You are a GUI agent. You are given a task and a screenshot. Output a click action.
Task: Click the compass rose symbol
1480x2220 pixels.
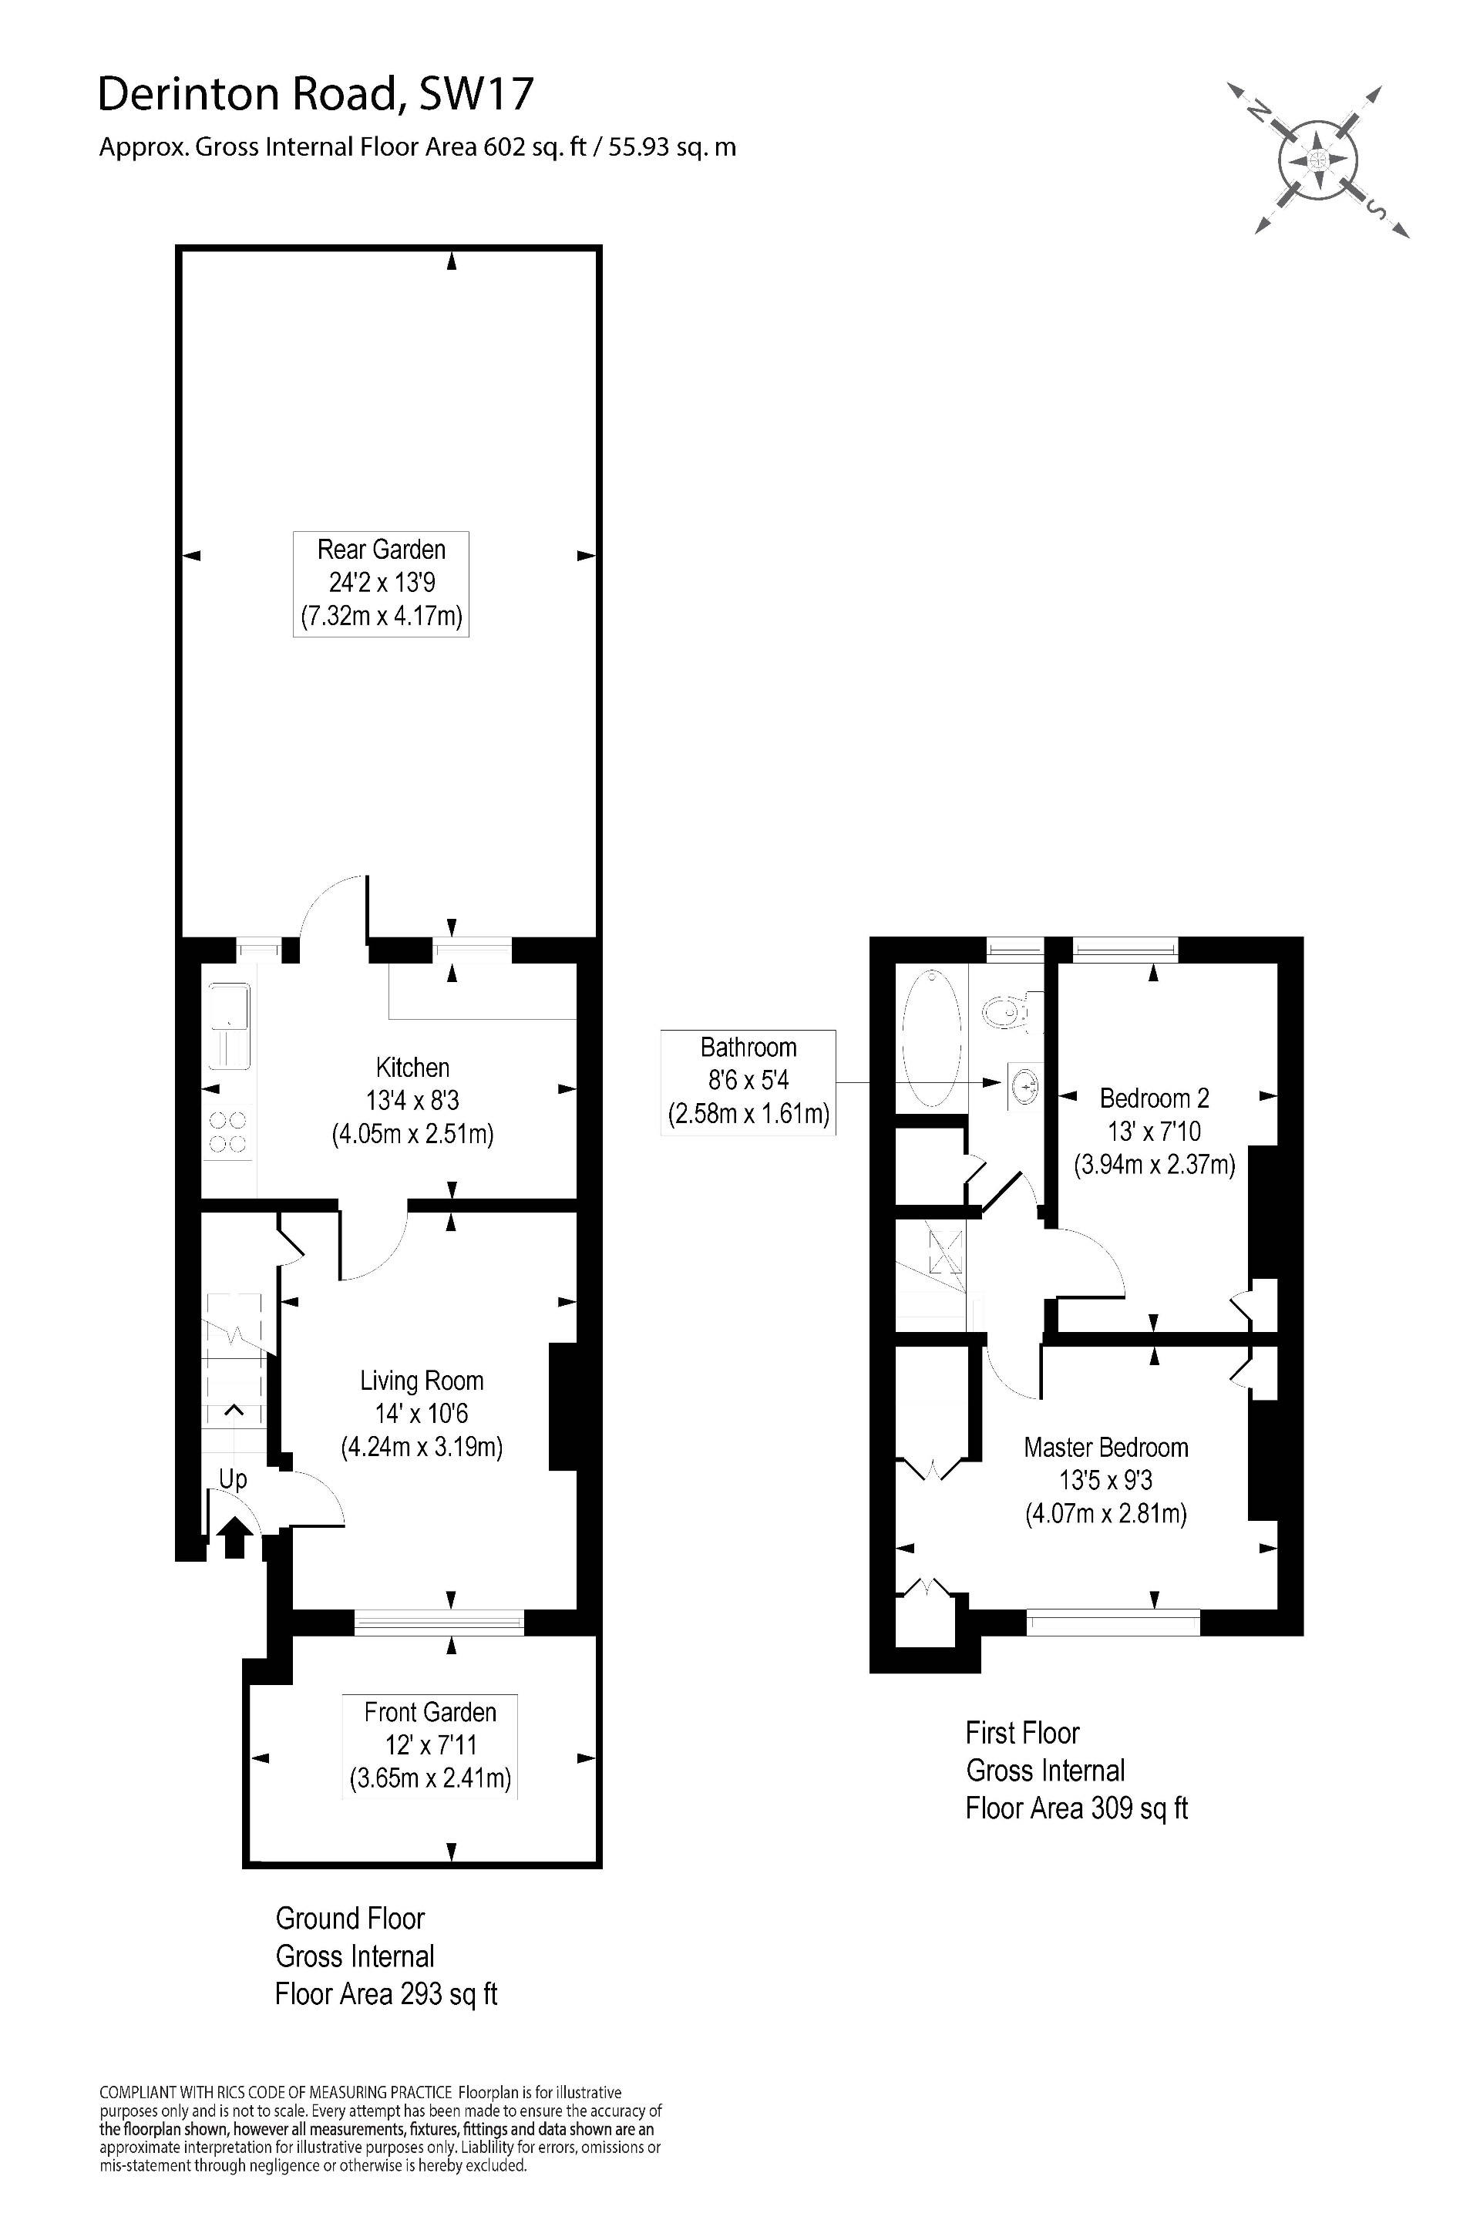tap(1319, 160)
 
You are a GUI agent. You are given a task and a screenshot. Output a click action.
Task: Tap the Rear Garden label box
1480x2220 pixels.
tap(382, 584)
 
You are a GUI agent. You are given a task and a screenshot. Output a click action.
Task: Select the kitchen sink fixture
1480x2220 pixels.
tap(227, 1026)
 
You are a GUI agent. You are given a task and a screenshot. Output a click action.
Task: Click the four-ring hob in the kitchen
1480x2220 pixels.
tap(227, 1132)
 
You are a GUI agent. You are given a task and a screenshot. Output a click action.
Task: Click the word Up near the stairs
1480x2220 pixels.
tap(233, 1479)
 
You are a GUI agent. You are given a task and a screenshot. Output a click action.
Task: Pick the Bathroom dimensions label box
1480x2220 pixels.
tap(748, 1081)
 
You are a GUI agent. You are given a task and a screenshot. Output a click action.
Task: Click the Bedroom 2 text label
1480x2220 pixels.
tap(1155, 1098)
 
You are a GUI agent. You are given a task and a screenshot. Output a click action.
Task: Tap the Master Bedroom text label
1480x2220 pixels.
tap(1106, 1448)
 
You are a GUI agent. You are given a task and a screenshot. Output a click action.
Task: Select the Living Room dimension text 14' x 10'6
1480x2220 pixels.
tap(421, 1414)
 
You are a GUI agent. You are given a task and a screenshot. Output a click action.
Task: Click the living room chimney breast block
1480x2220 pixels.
tap(563, 1405)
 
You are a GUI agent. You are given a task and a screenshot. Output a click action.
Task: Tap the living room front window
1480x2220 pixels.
tap(439, 1622)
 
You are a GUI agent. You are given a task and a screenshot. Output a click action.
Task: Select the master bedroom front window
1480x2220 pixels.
tap(1114, 1622)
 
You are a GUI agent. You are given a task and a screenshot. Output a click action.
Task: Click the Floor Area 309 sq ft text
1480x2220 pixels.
tap(1076, 1808)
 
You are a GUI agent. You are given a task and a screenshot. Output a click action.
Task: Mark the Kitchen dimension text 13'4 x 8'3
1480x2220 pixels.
tap(412, 1101)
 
